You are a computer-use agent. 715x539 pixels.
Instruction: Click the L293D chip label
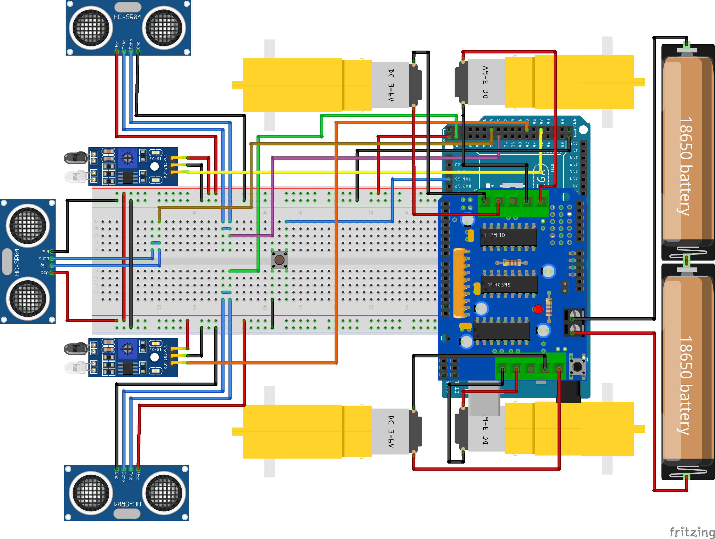coord(495,235)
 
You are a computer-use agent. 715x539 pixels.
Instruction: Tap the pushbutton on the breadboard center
coord(279,260)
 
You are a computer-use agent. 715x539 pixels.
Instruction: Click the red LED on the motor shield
coord(538,309)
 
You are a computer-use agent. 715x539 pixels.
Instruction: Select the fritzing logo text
coord(691,532)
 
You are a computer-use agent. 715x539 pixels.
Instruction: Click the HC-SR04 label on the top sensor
coord(127,17)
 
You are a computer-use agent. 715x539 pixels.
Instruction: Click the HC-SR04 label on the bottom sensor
coord(127,504)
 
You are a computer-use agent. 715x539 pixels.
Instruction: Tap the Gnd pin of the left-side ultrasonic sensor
coord(52,251)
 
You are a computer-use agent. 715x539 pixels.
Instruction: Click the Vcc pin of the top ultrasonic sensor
coord(117,52)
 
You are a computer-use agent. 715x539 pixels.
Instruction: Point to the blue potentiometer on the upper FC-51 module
coord(127,158)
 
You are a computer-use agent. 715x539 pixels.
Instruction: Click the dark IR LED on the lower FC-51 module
coord(75,349)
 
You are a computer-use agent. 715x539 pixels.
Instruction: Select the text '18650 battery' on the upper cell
coord(685,166)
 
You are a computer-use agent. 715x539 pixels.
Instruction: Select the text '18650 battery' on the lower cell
coord(685,385)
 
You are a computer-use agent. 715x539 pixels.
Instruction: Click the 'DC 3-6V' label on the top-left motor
coord(391,85)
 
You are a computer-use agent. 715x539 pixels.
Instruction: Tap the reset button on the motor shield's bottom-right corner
coord(577,366)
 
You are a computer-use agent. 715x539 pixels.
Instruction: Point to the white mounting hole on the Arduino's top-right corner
coord(583,129)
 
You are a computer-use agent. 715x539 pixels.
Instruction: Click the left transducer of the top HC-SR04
coord(91,28)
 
